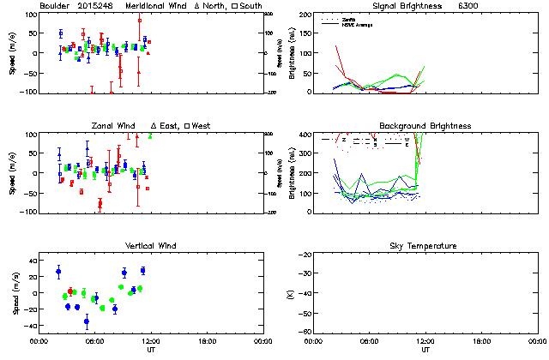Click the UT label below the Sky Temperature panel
pyautogui.click(x=425, y=350)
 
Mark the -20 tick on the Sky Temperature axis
pyautogui.click(x=304, y=255)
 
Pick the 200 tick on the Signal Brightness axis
pyautogui.click(x=303, y=15)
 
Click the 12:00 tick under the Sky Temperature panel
pyautogui.click(x=425, y=341)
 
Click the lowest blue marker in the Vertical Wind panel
pyautogui.click(x=86, y=321)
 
